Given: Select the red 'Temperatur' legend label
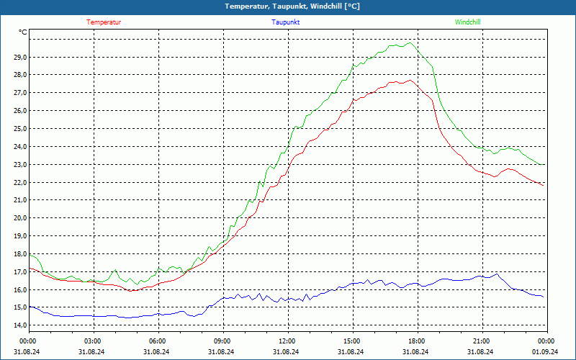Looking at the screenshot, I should point(104,22).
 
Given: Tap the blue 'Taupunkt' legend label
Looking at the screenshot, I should point(286,22).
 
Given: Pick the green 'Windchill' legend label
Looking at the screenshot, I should point(467,22).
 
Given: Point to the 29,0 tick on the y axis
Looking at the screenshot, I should point(19,57).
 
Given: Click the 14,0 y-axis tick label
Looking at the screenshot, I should point(19,325).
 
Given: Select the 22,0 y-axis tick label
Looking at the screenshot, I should point(19,182).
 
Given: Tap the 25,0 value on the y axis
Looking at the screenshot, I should point(19,128).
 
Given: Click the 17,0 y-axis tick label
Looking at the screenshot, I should point(19,271).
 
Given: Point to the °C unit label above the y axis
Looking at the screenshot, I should point(23,32).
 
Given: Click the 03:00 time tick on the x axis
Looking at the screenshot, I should point(93,341).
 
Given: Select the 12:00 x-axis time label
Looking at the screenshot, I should point(287,341).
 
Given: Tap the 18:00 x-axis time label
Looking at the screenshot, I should point(416,341).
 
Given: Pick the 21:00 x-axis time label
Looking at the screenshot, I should point(481,341).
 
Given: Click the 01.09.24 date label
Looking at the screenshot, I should point(545,351).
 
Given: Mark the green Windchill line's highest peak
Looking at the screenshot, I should point(410,43).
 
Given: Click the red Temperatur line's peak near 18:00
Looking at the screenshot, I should point(409,81).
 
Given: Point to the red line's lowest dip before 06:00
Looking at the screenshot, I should point(131,290).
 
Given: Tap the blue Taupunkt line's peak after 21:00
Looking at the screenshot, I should point(496,274).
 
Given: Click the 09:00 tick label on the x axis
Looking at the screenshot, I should point(222,341).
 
